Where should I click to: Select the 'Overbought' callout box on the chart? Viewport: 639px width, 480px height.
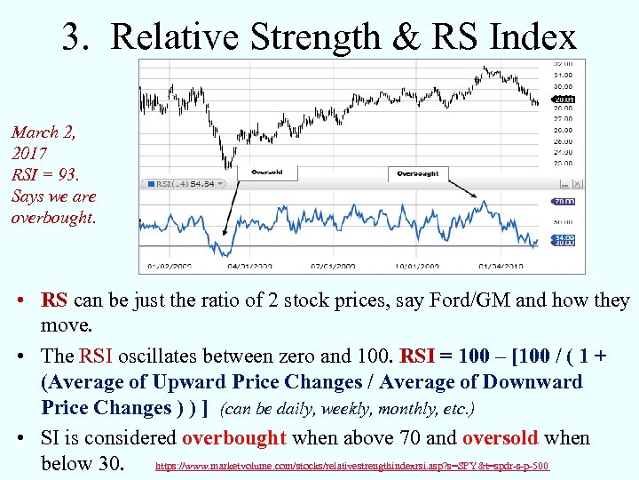[x=417, y=173]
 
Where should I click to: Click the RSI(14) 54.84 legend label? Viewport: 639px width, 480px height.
[x=184, y=184]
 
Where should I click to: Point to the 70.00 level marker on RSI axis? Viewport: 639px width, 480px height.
[x=564, y=202]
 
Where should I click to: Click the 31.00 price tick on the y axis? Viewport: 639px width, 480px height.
[x=563, y=75]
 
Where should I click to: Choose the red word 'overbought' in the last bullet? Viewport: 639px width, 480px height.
[x=233, y=438]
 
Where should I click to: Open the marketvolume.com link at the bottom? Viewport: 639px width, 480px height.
[x=352, y=466]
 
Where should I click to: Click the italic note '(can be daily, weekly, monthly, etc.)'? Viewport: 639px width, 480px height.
[x=347, y=410]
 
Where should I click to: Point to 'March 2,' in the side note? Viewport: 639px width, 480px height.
[x=43, y=132]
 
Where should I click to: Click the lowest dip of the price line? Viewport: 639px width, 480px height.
[x=228, y=166]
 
